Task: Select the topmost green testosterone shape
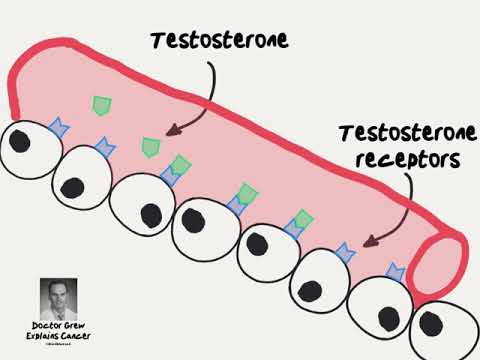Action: tap(100, 104)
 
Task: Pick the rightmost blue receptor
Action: tap(394, 270)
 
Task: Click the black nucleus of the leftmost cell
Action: tap(19, 141)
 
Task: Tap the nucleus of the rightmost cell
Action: tap(433, 322)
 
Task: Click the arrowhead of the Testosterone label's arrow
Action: tap(170, 130)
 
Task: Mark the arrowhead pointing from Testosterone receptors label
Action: tap(367, 241)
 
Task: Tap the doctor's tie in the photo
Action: tap(59, 309)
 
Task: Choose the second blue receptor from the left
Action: tap(103, 149)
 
